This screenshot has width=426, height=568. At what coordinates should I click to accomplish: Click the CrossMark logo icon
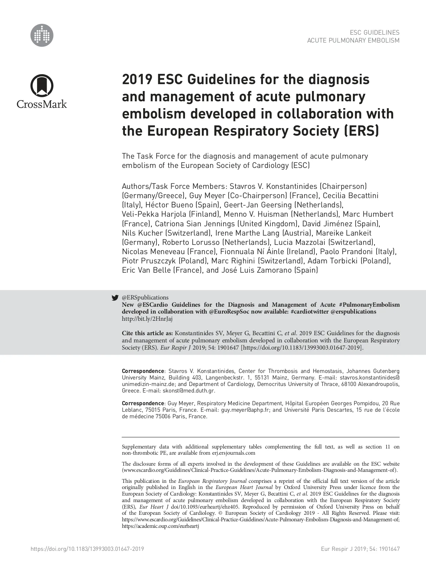tap(42, 86)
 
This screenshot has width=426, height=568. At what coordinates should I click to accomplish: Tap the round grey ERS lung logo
tap(42, 35)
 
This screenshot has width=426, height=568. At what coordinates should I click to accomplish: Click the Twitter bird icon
tap(115, 298)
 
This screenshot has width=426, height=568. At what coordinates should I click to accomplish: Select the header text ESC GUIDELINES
tap(375, 33)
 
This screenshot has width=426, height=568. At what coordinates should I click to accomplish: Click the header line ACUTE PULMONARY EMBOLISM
tap(353, 41)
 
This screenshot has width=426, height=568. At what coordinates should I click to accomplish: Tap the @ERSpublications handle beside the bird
tap(145, 298)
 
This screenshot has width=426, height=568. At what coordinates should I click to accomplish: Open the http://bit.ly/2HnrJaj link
tap(147, 319)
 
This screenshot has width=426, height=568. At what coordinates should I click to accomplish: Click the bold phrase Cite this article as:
tap(148, 333)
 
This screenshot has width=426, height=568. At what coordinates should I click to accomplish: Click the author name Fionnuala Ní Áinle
tap(252, 252)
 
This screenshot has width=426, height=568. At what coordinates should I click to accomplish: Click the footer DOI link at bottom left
tap(87, 549)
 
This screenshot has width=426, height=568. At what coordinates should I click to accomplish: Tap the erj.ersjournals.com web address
tap(233, 453)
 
